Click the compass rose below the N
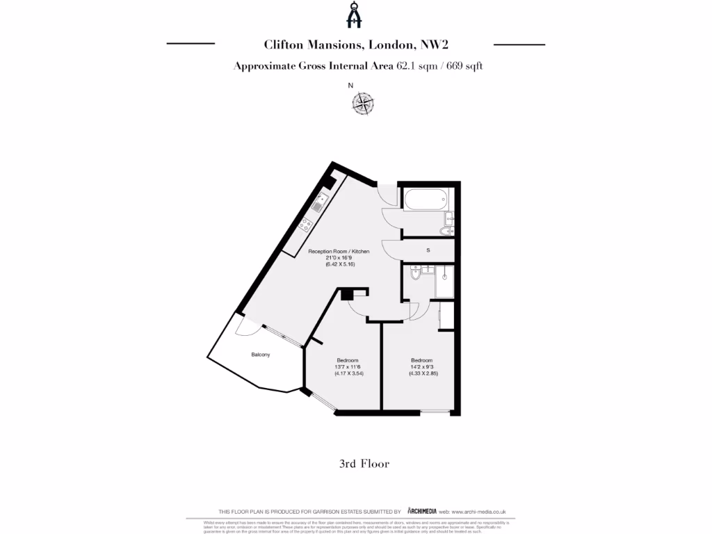362,104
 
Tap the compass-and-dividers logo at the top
356,15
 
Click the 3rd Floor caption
364,464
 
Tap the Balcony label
261,355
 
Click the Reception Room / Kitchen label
339,251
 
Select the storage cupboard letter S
428,250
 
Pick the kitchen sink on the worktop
318,202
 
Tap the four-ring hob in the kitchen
305,224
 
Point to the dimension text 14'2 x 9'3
423,366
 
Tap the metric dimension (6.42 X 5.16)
339,265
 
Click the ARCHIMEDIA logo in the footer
422,511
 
